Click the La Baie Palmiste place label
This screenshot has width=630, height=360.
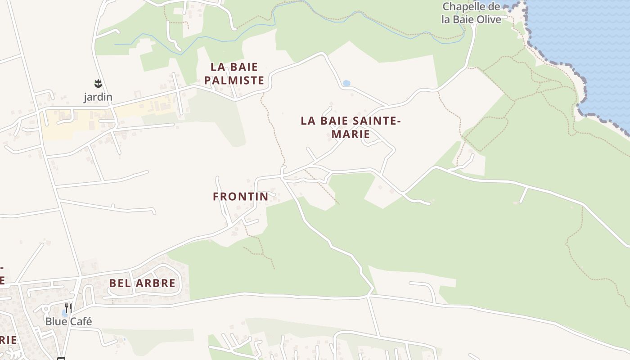pos(234,74)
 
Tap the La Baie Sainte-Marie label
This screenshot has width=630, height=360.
pos(350,127)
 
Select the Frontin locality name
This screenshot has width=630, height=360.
pos(240,197)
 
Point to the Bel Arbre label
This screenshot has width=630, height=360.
pos(142,283)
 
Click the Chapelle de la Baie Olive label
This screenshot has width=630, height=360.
pos(471,13)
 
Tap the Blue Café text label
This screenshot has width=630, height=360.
pos(68,321)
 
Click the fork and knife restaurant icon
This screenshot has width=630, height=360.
pos(68,308)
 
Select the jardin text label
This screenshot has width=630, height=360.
pos(98,97)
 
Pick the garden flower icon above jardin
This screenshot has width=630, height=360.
pos(98,83)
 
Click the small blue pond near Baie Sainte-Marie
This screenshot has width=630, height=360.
pos(346,83)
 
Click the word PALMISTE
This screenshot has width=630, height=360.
pos(234,81)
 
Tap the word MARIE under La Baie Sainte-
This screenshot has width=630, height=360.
pos(350,134)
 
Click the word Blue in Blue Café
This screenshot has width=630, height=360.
pos(56,321)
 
